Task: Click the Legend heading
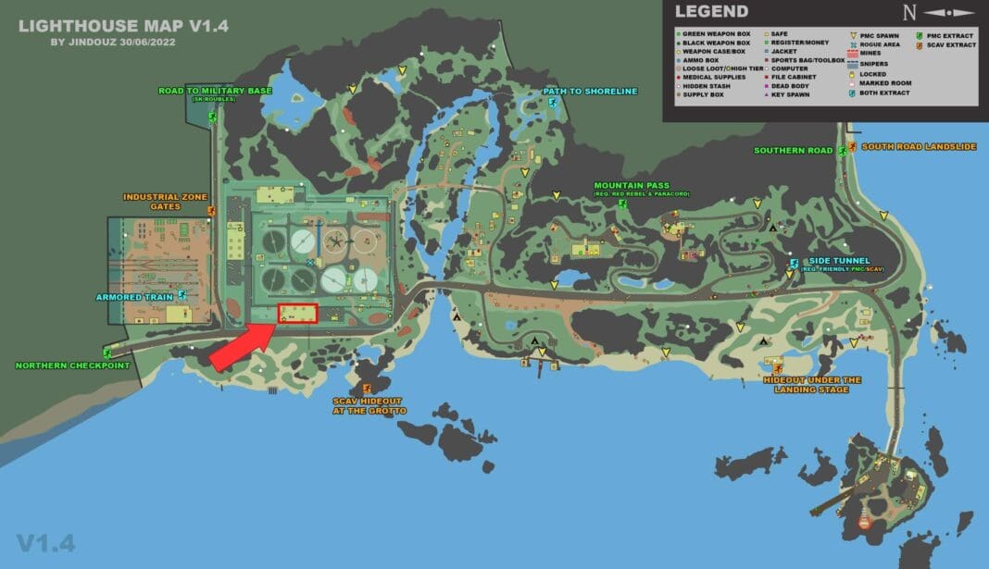click(x=711, y=12)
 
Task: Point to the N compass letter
click(x=909, y=13)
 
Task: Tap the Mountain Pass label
click(x=632, y=185)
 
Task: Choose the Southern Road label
click(x=793, y=150)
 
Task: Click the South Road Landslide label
click(x=918, y=146)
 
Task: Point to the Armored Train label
click(x=134, y=297)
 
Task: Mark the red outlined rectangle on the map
click(x=297, y=314)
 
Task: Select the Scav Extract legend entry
click(x=948, y=44)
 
